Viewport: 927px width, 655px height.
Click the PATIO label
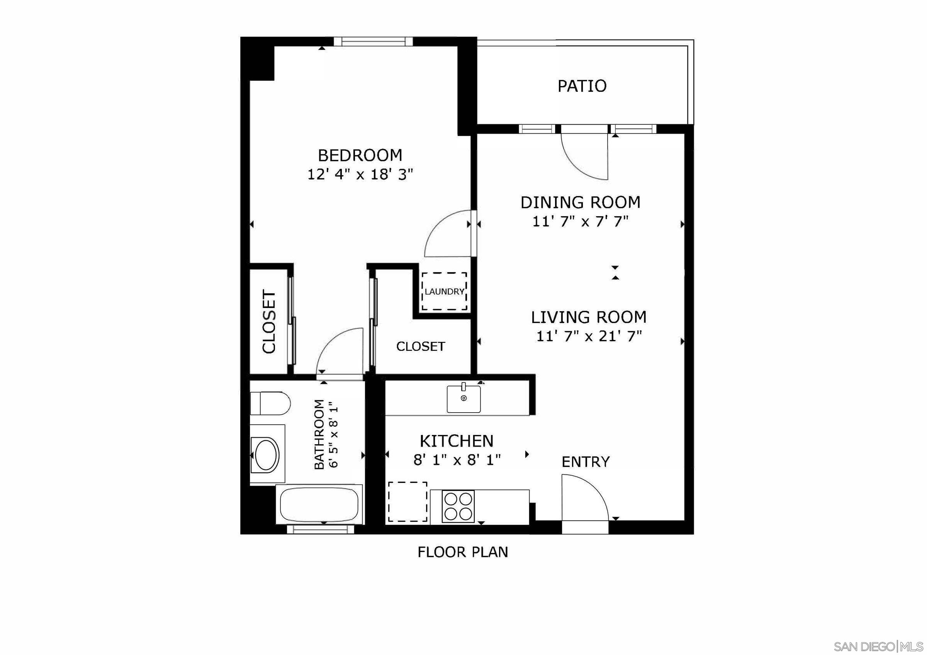tap(582, 86)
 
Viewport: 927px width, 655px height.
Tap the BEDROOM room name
tap(360, 156)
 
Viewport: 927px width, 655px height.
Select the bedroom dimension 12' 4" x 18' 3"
tap(360, 175)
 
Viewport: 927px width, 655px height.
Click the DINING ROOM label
tap(580, 202)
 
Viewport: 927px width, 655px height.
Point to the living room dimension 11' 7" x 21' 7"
tap(589, 336)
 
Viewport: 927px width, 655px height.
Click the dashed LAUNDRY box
tap(444, 291)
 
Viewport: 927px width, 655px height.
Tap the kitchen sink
tap(463, 399)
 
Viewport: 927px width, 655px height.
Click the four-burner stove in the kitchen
tap(458, 506)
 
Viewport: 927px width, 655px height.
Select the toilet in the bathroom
tap(270, 403)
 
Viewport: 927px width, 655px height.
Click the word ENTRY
tap(586, 462)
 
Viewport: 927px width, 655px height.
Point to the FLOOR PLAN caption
tap(463, 552)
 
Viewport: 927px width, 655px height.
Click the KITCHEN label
tap(457, 441)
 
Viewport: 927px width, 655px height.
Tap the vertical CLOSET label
tap(269, 321)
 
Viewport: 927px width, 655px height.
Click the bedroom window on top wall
tap(377, 42)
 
